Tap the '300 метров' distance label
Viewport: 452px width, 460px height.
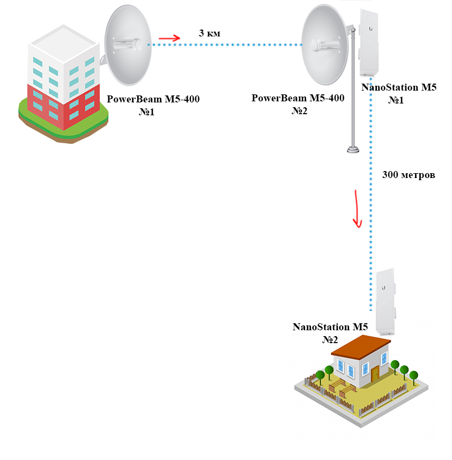coord(409,175)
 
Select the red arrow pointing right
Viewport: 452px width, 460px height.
coord(169,38)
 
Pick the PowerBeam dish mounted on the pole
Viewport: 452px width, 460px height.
coord(322,45)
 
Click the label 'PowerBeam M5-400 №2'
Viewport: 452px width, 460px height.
coord(298,104)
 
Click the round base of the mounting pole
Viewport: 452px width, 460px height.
coord(353,150)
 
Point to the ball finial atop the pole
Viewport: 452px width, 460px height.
coord(353,29)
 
